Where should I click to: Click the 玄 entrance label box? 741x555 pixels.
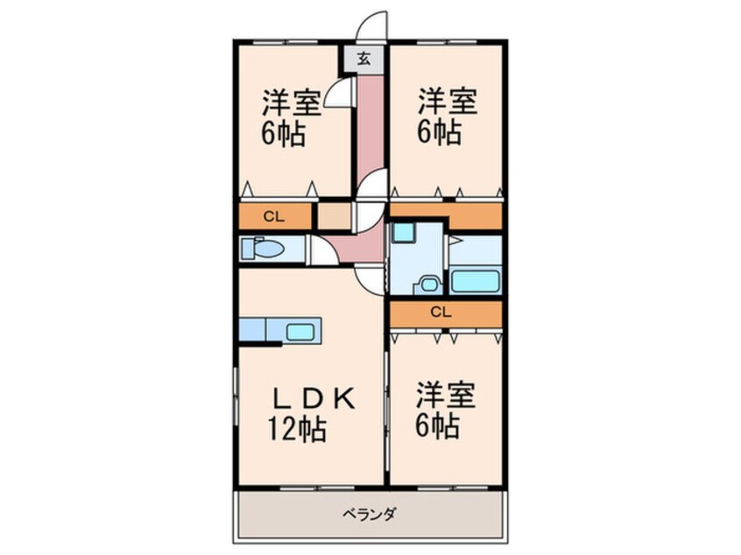[364, 60]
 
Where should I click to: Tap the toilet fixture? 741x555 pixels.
[263, 249]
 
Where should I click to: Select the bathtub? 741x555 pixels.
[475, 282]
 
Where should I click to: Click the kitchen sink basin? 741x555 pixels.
[302, 332]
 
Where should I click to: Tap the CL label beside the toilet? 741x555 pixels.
[273, 215]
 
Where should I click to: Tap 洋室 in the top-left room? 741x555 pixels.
[294, 103]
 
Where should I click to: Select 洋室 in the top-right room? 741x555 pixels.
[447, 102]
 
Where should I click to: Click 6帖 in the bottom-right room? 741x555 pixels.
[438, 426]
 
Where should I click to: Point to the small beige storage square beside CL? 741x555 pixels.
[333, 216]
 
